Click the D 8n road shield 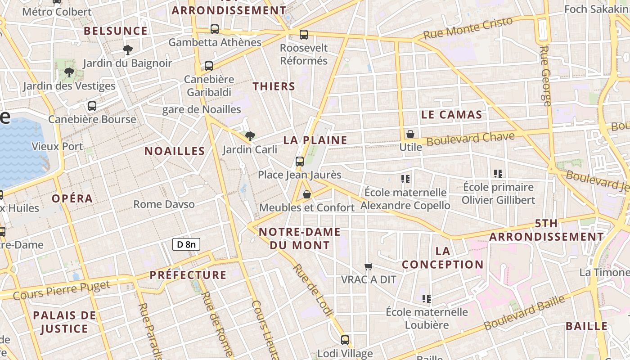186,244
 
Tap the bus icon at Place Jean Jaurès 300,161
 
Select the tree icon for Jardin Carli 250,135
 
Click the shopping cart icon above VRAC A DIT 369,266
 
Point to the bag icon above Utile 410,134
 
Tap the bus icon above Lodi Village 345,340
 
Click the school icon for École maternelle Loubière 427,298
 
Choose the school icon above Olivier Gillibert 498,173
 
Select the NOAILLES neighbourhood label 175,151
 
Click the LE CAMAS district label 452,115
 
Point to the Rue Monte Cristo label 468,28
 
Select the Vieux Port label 57,146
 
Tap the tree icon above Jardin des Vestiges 69,72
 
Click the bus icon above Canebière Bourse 92,106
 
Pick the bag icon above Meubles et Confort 307,194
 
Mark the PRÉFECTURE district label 188,275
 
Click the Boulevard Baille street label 524,313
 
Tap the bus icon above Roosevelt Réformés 304,34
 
